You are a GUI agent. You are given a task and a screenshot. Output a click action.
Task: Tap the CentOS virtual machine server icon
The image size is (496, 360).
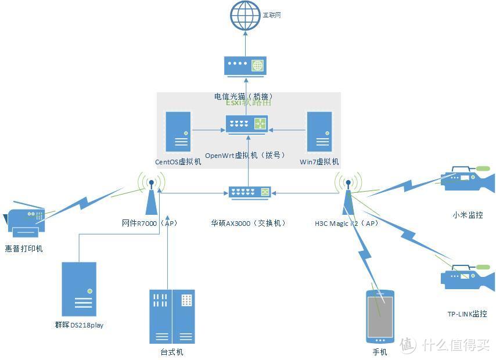pyautogui.click(x=179, y=132)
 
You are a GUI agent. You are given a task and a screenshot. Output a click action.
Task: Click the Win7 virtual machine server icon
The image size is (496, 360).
pyautogui.click(x=319, y=132)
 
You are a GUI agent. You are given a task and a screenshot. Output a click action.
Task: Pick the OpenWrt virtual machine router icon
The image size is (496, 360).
pyautogui.click(x=247, y=124)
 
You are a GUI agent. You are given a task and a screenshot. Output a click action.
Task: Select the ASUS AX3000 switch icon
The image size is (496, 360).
pyautogui.click(x=249, y=192)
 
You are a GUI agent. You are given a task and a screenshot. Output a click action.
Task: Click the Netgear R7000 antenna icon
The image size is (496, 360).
pyautogui.click(x=152, y=197)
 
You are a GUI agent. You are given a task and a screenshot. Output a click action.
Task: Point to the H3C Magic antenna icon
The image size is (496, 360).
pyautogui.click(x=348, y=197)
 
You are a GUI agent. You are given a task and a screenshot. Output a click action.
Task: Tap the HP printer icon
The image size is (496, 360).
pyautogui.click(x=24, y=223)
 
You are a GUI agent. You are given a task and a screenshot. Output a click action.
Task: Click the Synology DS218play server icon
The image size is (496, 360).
pyautogui.click(x=79, y=289)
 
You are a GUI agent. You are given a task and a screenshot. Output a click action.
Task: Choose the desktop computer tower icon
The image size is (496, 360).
pyautogui.click(x=172, y=316)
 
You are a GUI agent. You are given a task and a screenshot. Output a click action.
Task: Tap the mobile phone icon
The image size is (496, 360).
pyautogui.click(x=380, y=317)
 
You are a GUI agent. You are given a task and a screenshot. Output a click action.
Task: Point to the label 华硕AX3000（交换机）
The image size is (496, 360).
pyautogui.click(x=249, y=223)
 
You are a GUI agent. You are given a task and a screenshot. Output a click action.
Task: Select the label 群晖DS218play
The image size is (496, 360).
pyautogui.click(x=79, y=325)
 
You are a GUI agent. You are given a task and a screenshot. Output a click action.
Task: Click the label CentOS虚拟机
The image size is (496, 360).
pyautogui.click(x=178, y=162)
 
